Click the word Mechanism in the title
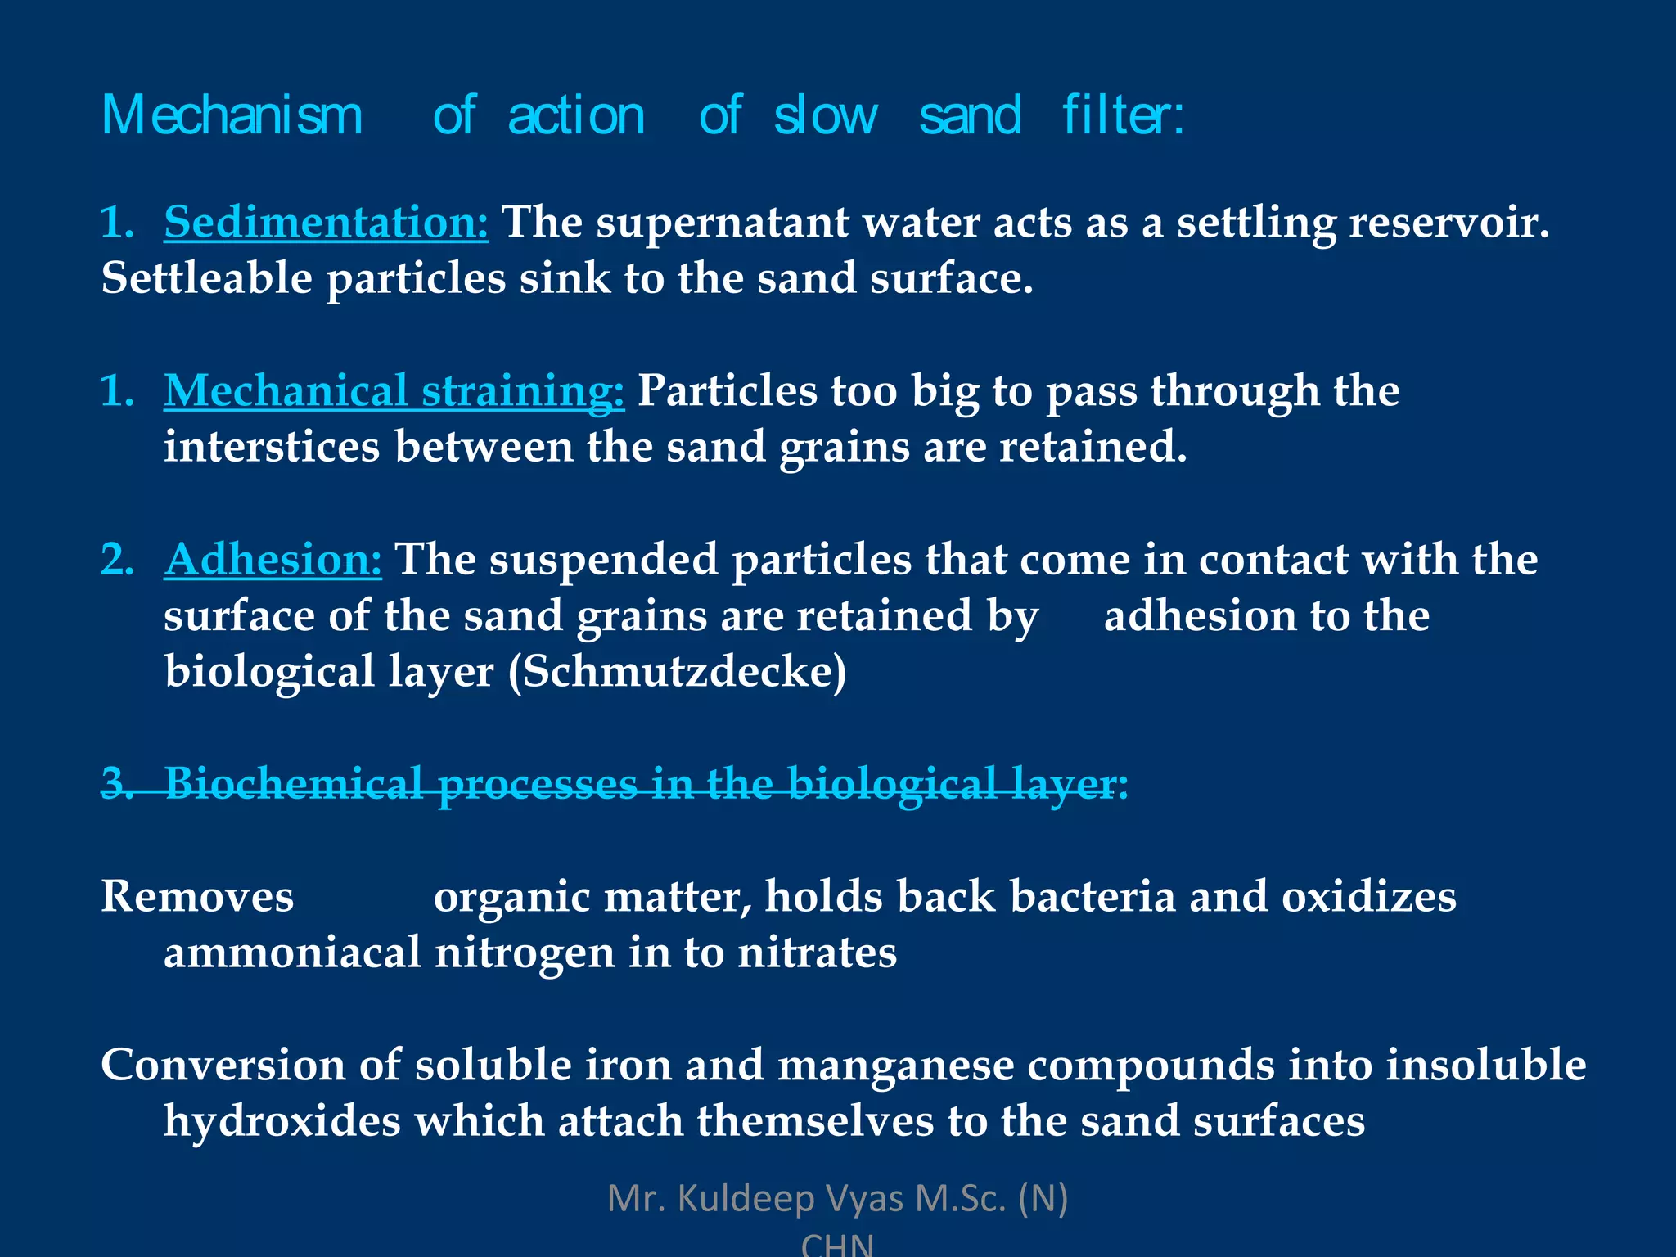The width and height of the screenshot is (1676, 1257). pyautogui.click(x=232, y=115)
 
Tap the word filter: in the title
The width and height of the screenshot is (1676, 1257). pyautogui.click(x=1123, y=115)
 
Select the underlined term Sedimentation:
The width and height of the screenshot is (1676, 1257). pyautogui.click(x=326, y=222)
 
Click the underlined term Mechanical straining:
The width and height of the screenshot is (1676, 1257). pyautogui.click(x=394, y=390)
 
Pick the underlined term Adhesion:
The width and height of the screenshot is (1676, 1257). pyautogui.click(x=273, y=560)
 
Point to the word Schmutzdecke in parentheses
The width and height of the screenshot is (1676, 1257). pyautogui.click(x=678, y=672)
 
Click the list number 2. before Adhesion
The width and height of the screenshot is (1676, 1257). pyautogui.click(x=117, y=560)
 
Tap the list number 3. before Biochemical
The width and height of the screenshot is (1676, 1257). pyautogui.click(x=117, y=783)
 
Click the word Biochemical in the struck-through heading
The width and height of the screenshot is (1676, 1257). pyautogui.click(x=294, y=783)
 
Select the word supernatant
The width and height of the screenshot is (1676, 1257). pyautogui.click(x=723, y=222)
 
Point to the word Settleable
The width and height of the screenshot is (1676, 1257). pyautogui.click(x=206, y=278)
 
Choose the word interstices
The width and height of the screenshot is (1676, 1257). pyautogui.click(x=272, y=447)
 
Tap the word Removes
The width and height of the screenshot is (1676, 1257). pyautogui.click(x=197, y=896)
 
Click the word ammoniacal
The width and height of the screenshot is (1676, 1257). pyautogui.click(x=292, y=953)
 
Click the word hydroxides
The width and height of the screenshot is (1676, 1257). pyautogui.click(x=282, y=1120)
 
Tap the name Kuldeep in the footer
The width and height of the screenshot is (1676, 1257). pyautogui.click(x=746, y=1199)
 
